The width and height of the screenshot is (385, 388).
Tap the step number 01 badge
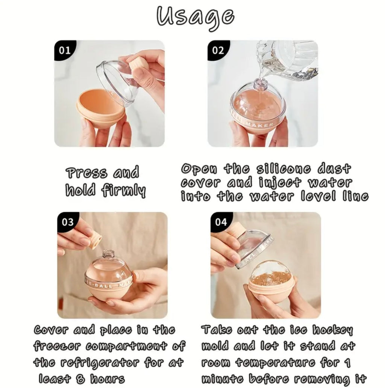tap(64, 50)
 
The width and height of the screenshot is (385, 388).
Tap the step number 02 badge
tap(218, 50)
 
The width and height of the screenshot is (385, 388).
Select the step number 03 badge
tap(68, 222)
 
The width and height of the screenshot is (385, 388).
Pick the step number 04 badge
tap(221, 222)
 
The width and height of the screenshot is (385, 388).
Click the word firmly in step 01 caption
tap(123, 190)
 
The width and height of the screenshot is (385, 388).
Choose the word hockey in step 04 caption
tap(333, 330)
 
